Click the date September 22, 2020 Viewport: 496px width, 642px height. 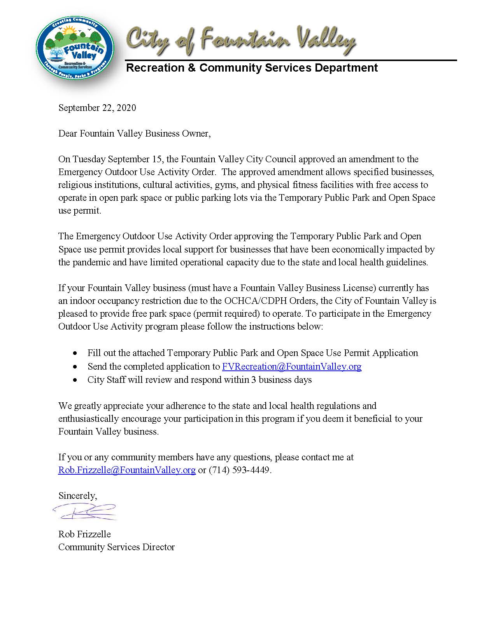[97, 108]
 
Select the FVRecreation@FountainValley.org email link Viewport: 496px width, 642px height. [291, 367]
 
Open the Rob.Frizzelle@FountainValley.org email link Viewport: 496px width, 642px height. [127, 470]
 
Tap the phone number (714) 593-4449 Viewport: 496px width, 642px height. [239, 470]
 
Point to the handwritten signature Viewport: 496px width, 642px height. [85, 512]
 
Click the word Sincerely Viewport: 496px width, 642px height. [77, 496]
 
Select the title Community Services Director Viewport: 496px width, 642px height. [116, 547]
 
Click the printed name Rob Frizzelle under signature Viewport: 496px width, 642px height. [84, 534]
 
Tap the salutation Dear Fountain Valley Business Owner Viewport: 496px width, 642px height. [134, 134]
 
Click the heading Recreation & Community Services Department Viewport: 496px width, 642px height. [252, 68]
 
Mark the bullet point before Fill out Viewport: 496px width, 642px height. [75, 354]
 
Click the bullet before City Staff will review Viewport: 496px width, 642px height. [75, 380]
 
